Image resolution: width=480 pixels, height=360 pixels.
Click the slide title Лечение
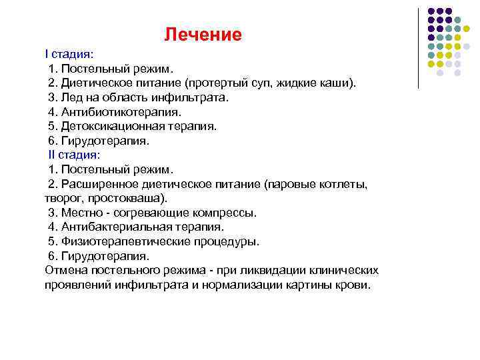point(203,35)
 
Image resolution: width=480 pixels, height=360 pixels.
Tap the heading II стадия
point(72,155)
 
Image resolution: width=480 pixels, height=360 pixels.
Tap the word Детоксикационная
point(113,126)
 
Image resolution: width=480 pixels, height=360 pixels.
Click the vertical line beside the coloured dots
point(418,47)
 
